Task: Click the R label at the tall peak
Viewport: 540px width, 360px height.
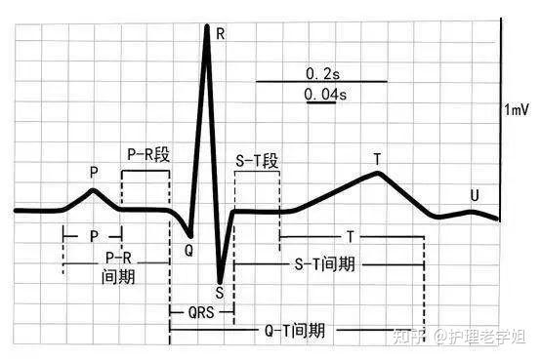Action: pyautogui.click(x=220, y=33)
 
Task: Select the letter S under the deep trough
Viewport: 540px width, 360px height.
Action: pyautogui.click(x=220, y=291)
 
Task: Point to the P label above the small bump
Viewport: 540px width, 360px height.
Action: pyautogui.click(x=94, y=172)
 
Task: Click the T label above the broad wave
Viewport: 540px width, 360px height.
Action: pyautogui.click(x=377, y=157)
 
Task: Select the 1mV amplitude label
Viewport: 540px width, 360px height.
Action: pyautogui.click(x=517, y=109)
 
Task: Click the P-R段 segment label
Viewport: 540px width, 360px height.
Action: pyautogui.click(x=146, y=154)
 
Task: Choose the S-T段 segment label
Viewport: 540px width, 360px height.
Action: pyautogui.click(x=258, y=161)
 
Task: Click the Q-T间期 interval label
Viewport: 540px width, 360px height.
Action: pyautogui.click(x=296, y=330)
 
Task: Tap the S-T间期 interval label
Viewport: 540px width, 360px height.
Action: pyautogui.click(x=324, y=263)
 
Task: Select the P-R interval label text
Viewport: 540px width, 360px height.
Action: pyautogui.click(x=118, y=266)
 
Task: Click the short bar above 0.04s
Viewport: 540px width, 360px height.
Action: pyautogui.click(x=320, y=102)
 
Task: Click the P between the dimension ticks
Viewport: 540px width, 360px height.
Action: pyautogui.click(x=94, y=236)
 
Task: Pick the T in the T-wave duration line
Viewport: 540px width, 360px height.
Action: pyautogui.click(x=350, y=237)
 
